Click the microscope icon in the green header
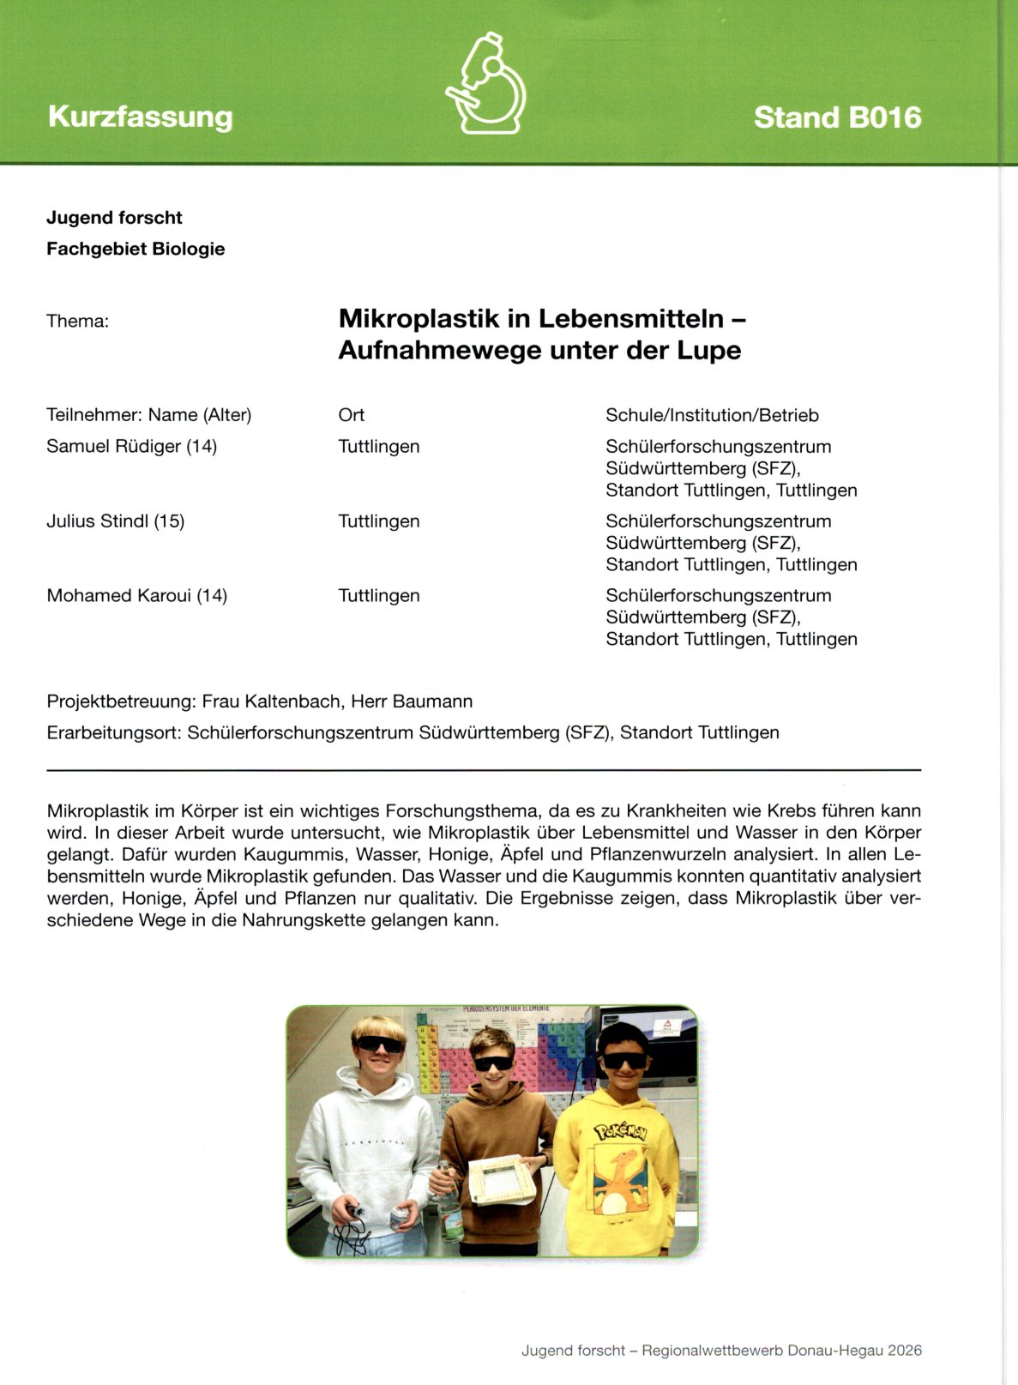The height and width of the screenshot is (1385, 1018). pos(486,84)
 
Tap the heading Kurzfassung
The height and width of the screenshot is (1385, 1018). pos(141,117)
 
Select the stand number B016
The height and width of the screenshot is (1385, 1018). pos(879,117)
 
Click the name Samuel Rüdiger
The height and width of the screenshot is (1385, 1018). pos(113,447)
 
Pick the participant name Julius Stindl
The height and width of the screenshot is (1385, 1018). pos(98,521)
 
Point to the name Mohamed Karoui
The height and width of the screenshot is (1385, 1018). pos(118,596)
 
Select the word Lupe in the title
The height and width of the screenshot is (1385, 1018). pos(708,351)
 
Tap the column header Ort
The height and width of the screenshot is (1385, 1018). pos(351,415)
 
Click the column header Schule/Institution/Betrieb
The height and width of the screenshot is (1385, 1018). pos(712,415)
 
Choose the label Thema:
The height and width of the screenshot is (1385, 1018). pos(77,322)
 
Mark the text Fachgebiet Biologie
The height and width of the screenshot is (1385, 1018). pos(136,250)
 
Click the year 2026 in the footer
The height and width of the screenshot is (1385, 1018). pos(905,1351)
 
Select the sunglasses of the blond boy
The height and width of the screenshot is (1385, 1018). pos(378,1045)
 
